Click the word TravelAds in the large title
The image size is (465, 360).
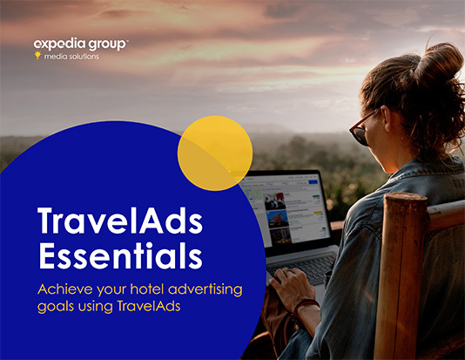click(x=120, y=221)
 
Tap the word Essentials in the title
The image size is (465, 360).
click(x=120, y=255)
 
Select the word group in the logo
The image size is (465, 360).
click(x=108, y=44)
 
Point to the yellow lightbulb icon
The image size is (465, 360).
click(x=37, y=55)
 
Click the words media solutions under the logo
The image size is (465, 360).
click(x=71, y=56)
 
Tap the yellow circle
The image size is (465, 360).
click(x=215, y=153)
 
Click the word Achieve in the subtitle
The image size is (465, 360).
click(x=65, y=289)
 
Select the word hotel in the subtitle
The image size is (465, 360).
click(x=147, y=289)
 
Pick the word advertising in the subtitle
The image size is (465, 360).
click(x=206, y=290)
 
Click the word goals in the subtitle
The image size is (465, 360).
click(x=56, y=307)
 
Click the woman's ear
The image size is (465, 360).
click(x=385, y=119)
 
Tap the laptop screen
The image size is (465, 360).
click(x=286, y=207)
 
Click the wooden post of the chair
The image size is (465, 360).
click(x=401, y=276)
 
